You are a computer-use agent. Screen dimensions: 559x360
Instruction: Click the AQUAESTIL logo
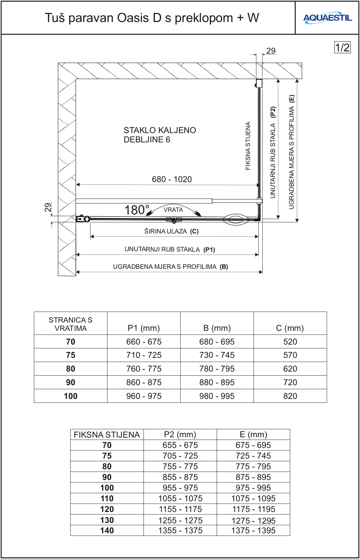click(x=327, y=18)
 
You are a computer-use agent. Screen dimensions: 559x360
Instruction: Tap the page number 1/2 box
click(x=342, y=47)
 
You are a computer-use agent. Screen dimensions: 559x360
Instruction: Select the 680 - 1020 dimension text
click(x=172, y=179)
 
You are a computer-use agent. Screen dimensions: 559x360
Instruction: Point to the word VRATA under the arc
click(x=173, y=210)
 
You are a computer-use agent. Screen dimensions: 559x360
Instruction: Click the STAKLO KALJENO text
click(x=160, y=130)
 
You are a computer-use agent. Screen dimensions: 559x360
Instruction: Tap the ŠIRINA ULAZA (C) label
click(x=171, y=231)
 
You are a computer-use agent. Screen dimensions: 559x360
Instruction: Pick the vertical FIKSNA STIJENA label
click(x=248, y=146)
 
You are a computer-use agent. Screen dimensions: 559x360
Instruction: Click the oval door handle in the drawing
click(x=236, y=219)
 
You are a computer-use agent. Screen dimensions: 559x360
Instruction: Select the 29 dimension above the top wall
click(x=271, y=51)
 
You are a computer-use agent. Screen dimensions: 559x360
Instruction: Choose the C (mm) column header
click(x=290, y=328)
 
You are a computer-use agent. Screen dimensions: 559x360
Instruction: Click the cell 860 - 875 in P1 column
click(x=144, y=383)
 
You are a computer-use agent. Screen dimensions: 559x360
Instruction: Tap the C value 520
click(x=290, y=342)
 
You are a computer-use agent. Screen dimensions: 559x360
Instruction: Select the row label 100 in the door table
click(x=71, y=396)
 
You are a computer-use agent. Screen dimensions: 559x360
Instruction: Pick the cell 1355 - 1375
click(x=180, y=531)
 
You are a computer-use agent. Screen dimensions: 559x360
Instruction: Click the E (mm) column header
click(x=253, y=435)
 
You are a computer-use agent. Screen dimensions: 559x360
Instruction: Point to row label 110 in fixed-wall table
click(x=107, y=499)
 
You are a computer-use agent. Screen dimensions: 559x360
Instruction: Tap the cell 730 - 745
click(x=217, y=355)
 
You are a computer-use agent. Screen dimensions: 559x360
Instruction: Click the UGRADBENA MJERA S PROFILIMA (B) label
click(x=170, y=267)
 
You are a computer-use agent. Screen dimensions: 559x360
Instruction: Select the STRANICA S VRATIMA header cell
click(x=71, y=324)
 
